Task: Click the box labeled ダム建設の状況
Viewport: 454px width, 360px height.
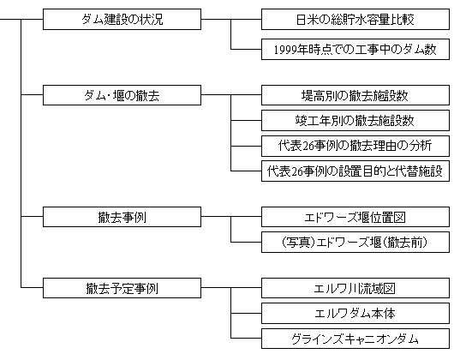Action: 122,19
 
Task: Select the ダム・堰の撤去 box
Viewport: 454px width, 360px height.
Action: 122,95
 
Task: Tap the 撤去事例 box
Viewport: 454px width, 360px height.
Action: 122,217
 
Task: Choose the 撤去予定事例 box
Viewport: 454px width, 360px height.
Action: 122,288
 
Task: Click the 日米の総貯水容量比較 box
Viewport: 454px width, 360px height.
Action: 355,19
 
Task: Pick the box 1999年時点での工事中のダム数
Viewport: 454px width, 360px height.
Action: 355,49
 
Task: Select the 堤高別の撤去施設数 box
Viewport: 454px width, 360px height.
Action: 355,95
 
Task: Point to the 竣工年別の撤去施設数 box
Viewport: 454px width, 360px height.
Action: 355,120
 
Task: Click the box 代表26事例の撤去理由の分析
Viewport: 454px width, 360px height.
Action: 355,146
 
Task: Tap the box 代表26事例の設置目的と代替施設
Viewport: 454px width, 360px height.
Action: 355,171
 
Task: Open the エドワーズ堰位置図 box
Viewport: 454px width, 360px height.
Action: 355,217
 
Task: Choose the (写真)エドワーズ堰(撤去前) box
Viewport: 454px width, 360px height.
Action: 355,242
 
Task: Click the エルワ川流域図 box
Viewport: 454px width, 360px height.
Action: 355,288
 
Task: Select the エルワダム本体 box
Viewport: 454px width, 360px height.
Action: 355,313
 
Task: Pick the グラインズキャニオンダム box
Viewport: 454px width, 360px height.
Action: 355,339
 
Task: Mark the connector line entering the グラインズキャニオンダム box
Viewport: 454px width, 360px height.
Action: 246,338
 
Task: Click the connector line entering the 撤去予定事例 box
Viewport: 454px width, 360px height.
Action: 32,288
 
